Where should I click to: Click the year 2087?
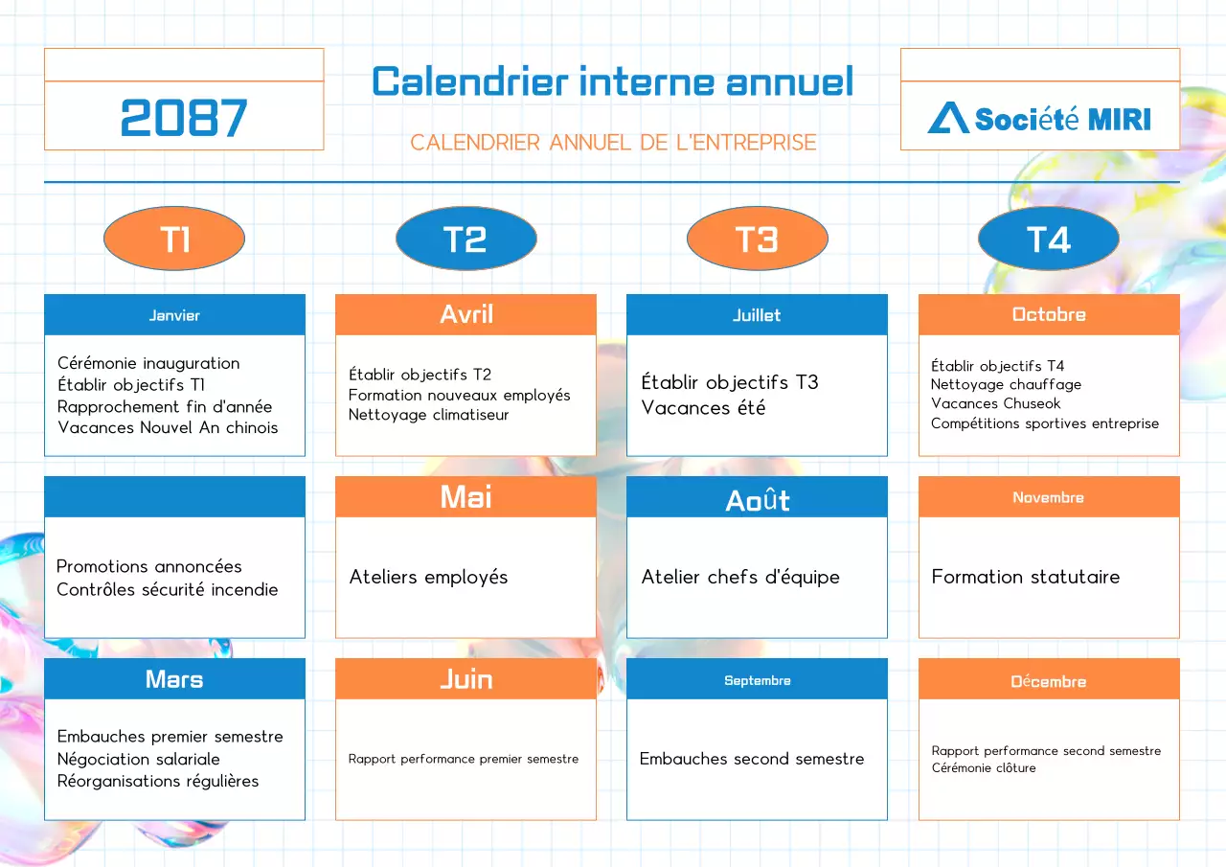tap(184, 118)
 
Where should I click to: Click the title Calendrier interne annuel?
tap(613, 81)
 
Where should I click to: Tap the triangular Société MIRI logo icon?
tap(948, 118)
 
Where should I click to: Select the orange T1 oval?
tap(174, 239)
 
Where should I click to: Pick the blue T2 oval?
tap(465, 239)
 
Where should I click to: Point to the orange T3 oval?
tap(757, 239)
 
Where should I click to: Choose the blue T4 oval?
tap(1048, 239)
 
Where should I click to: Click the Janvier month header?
tap(174, 315)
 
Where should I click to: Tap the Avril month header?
tap(465, 314)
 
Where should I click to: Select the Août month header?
tap(757, 498)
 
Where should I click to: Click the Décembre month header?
tap(1048, 681)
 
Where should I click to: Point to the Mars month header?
tap(174, 679)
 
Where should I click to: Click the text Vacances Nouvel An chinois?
tap(168, 427)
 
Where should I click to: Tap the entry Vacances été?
tap(703, 408)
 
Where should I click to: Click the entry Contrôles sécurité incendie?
tap(167, 589)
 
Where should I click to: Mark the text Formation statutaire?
tap(1025, 577)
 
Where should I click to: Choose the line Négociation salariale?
tap(138, 759)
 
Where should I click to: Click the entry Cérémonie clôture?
tap(983, 767)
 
